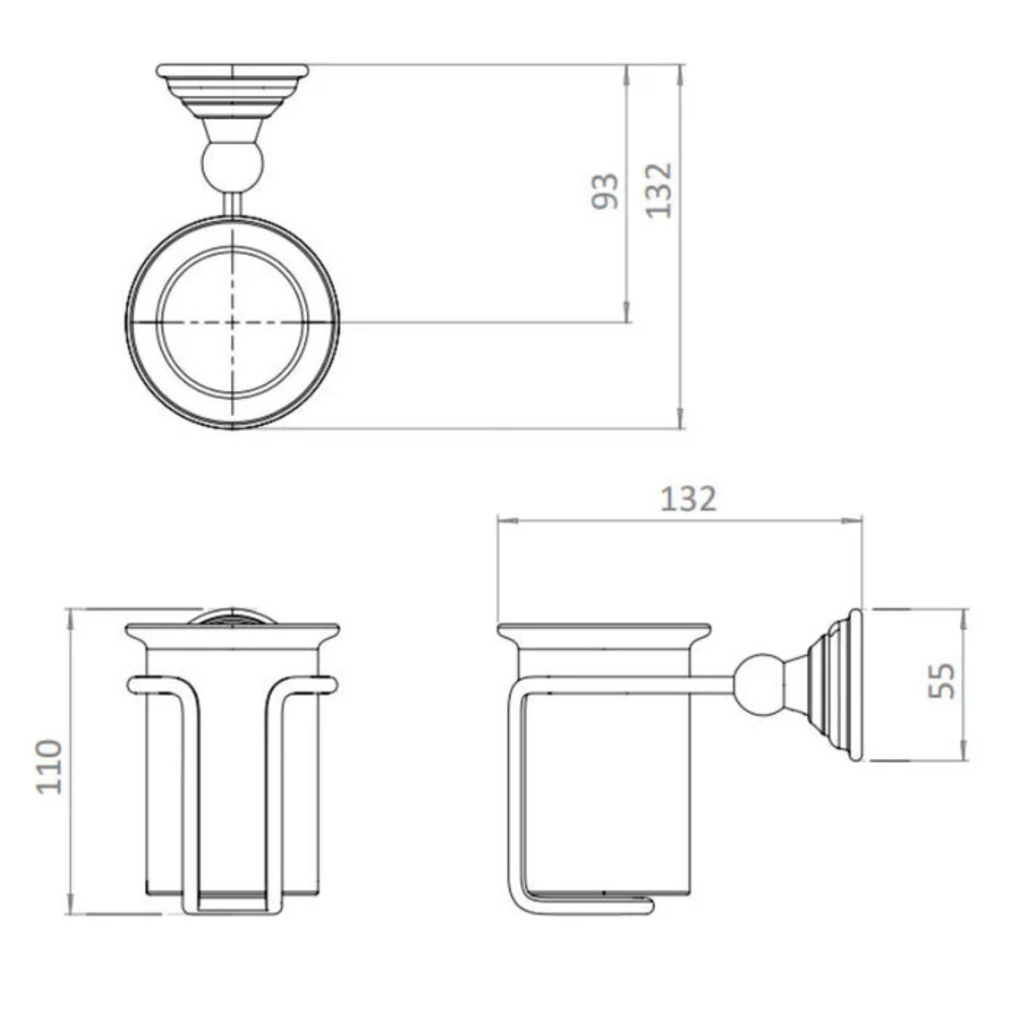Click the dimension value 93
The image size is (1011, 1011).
tap(606, 192)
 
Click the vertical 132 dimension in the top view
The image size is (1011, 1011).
tap(658, 191)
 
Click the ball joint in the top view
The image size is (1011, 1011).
tap(233, 168)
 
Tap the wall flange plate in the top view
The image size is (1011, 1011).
tap(233, 71)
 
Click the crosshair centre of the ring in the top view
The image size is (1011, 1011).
tap(233, 323)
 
